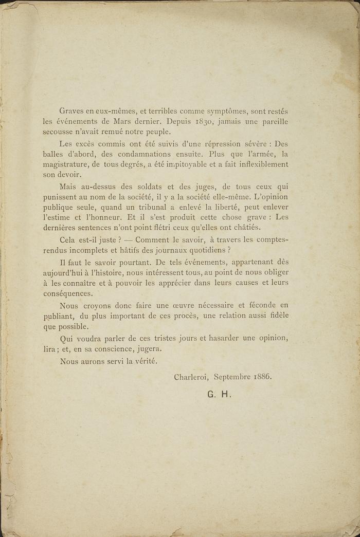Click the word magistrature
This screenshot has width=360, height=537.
tap(64, 164)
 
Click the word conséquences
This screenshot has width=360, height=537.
tap(67, 293)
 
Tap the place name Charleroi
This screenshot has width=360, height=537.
tap(190, 376)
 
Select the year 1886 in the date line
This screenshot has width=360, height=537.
tap(262, 376)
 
